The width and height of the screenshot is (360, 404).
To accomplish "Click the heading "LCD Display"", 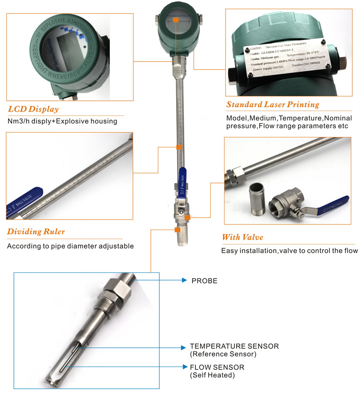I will click(33, 109).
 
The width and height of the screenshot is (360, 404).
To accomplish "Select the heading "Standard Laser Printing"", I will click(273, 104).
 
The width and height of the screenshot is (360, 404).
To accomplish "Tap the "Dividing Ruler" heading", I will click(36, 232).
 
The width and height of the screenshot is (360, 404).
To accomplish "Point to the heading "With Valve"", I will click(242, 237).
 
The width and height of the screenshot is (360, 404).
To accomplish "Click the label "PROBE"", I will click(204, 281).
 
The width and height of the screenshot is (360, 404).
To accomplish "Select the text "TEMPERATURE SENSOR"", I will click(234, 346).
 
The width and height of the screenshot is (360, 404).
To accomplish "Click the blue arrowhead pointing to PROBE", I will click(184, 281).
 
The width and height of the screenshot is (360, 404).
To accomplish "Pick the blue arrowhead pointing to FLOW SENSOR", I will click(184, 367).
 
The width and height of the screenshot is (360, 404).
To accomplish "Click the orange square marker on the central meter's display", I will click(176, 20).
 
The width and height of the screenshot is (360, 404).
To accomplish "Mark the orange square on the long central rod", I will click(179, 147).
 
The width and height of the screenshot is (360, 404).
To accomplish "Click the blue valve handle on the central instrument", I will click(182, 178).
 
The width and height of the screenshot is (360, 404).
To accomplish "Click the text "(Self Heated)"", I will click(212, 375).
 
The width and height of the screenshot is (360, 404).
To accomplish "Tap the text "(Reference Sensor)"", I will click(223, 355).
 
